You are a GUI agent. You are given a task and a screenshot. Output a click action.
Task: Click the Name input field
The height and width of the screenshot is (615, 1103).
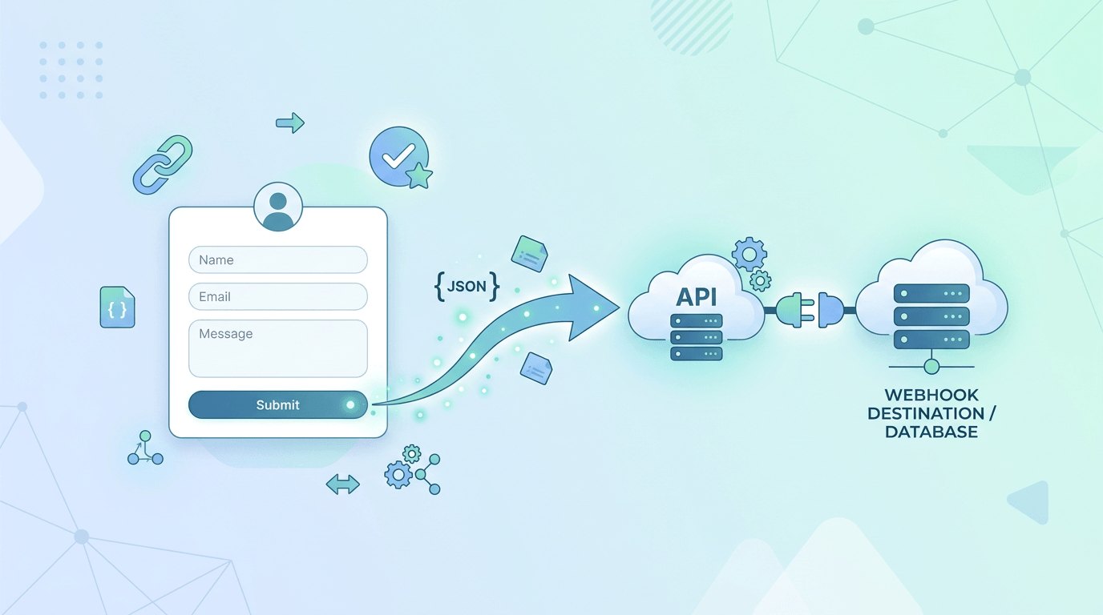point(277,260)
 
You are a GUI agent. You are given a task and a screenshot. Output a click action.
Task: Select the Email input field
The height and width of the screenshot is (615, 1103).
point(277,296)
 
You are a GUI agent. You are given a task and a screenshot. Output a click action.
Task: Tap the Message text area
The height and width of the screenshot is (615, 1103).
point(277,348)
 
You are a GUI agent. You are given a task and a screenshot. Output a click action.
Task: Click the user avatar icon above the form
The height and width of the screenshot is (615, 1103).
point(278,207)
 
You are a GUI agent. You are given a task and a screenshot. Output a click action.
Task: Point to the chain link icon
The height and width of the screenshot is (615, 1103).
point(163,164)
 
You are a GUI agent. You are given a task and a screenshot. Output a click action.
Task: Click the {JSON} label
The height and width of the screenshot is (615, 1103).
point(467,286)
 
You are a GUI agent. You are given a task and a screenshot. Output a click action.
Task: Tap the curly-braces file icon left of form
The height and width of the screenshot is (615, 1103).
point(117,307)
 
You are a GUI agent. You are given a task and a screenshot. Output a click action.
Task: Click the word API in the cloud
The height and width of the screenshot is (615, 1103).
point(697,296)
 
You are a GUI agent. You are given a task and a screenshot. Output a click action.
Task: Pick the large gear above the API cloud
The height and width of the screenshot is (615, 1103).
point(749,255)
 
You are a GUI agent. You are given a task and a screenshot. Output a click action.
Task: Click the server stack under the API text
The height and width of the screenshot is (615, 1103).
point(696,336)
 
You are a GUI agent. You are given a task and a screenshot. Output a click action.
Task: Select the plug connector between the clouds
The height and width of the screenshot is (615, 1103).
point(810,309)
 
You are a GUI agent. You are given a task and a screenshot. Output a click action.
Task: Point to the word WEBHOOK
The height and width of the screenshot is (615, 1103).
point(931,395)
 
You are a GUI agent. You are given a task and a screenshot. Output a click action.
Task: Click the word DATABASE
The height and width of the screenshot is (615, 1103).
point(931,432)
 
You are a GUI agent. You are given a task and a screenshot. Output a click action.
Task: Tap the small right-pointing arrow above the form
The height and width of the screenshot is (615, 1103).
point(289,123)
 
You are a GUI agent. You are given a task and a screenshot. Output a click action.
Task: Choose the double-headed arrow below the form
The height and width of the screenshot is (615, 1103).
point(343,484)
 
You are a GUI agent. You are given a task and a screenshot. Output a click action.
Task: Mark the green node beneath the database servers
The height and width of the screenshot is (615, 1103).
point(931,367)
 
